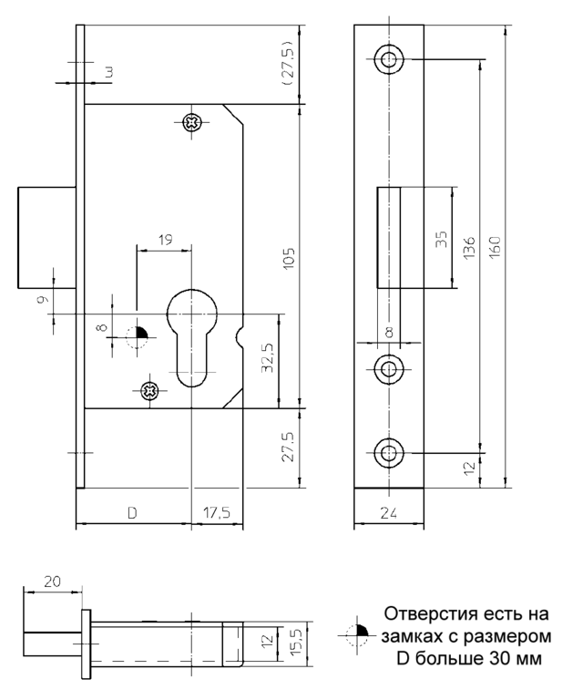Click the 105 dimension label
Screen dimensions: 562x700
pyautogui.click(x=289, y=258)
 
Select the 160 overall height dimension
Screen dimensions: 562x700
pyautogui.click(x=495, y=246)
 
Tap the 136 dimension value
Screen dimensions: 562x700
pyautogui.click(x=469, y=248)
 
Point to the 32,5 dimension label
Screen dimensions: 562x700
pyautogui.click(x=268, y=357)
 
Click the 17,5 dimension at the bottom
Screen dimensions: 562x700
pyautogui.click(x=217, y=512)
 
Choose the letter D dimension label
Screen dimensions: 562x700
pyautogui.click(x=132, y=513)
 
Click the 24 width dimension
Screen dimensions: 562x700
pyautogui.click(x=389, y=513)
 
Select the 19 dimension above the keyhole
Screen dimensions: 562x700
pyautogui.click(x=166, y=240)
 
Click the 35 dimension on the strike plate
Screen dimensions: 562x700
pyautogui.click(x=441, y=240)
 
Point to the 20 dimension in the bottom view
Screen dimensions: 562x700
pyautogui.click(x=52, y=582)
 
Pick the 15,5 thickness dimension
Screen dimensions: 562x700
pyautogui.click(x=297, y=643)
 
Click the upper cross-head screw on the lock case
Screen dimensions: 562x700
pyautogui.click(x=193, y=122)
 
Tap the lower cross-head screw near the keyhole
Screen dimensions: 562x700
pyautogui.click(x=150, y=391)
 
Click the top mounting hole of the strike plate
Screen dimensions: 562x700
pyautogui.click(x=389, y=59)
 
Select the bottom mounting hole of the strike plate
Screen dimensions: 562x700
pyautogui.click(x=389, y=453)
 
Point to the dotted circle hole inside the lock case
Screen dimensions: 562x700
pyautogui.click(x=138, y=337)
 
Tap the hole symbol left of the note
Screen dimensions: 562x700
pyautogui.click(x=357, y=635)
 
